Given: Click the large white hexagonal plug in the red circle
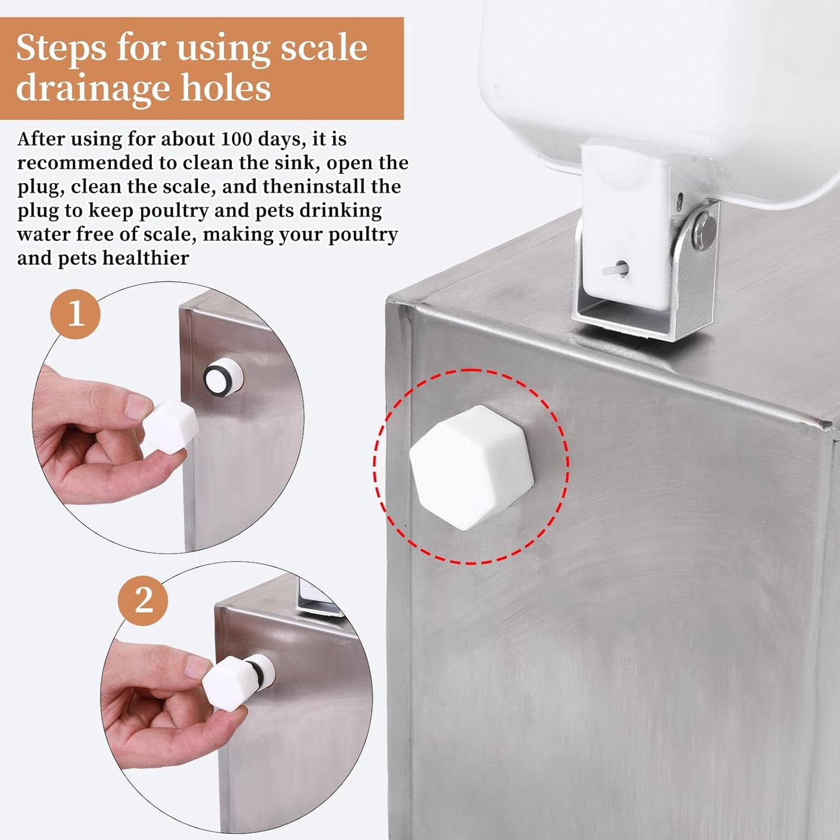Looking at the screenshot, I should [x=471, y=467].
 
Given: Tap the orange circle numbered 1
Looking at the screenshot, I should [x=75, y=314].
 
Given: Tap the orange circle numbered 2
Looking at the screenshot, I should [x=143, y=600].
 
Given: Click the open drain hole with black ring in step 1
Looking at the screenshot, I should [x=223, y=377].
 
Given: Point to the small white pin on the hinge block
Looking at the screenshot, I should [x=620, y=269].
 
